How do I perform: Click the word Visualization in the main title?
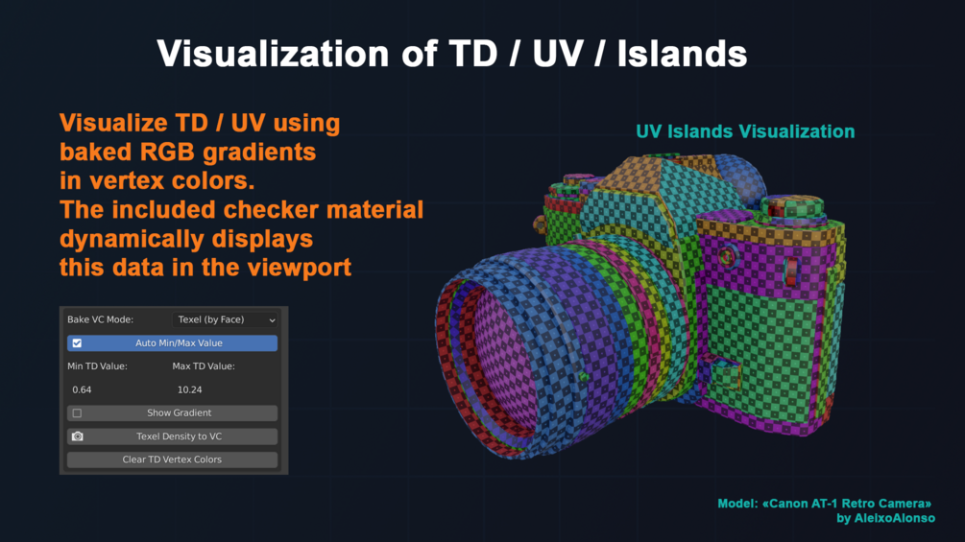click(x=273, y=54)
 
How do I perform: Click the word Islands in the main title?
click(x=682, y=54)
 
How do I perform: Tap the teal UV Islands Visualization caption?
click(x=745, y=131)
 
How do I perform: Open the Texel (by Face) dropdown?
click(x=225, y=319)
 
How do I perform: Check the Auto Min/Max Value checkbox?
click(x=77, y=342)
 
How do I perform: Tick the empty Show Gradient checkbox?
click(x=77, y=412)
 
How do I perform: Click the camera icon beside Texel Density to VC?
click(x=78, y=436)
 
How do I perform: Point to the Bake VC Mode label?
click(x=100, y=319)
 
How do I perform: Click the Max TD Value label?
click(x=204, y=366)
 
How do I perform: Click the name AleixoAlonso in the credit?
click(x=894, y=518)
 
